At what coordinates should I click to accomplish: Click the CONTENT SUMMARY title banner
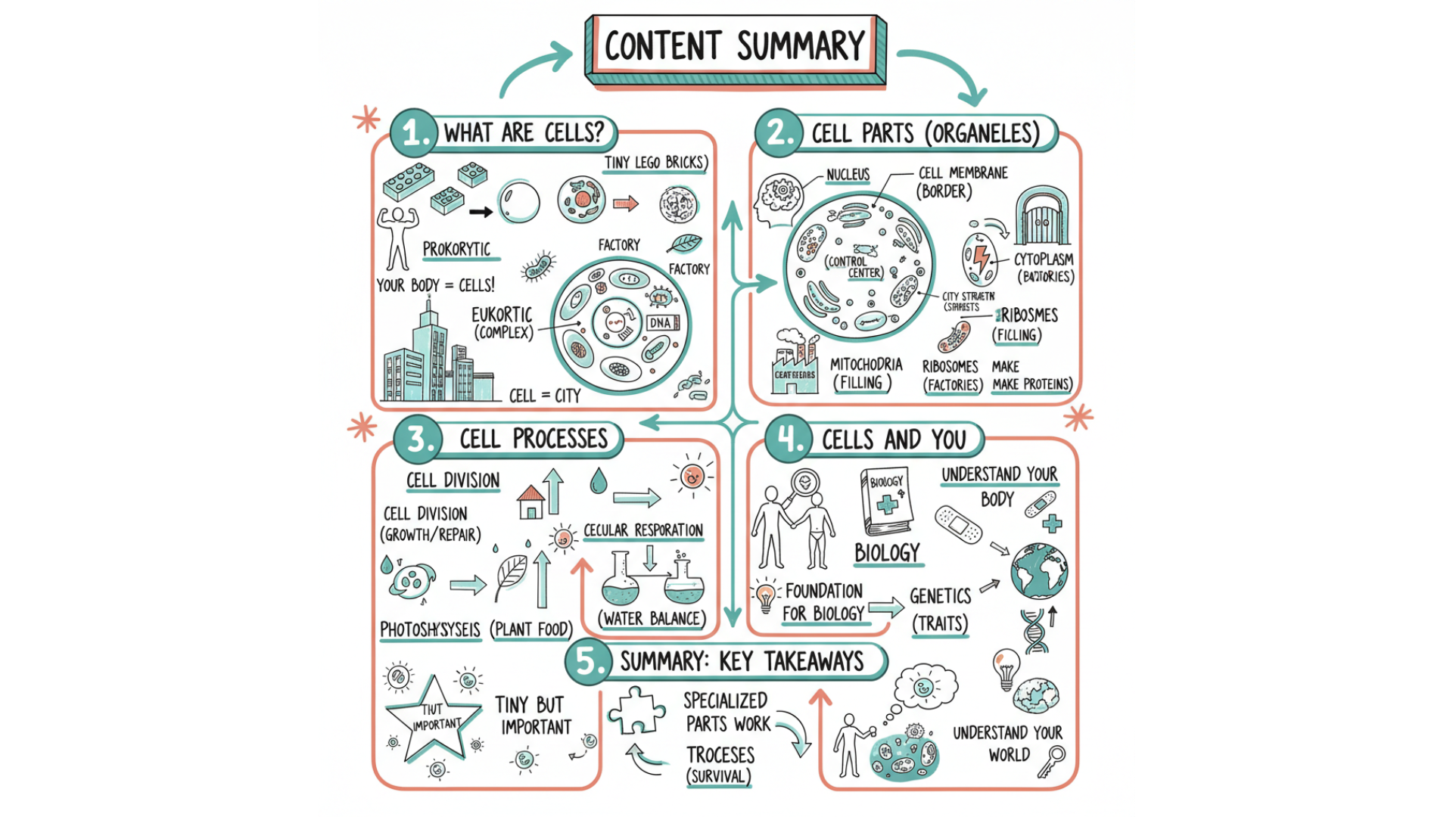pyautogui.click(x=734, y=47)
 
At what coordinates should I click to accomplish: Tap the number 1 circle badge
pyautogui.click(x=414, y=134)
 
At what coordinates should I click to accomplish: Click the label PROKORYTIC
pyautogui.click(x=456, y=249)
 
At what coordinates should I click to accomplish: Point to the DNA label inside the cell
pyautogui.click(x=660, y=323)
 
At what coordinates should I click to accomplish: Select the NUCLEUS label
pyautogui.click(x=848, y=175)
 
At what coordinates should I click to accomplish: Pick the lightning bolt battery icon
pyautogui.click(x=980, y=259)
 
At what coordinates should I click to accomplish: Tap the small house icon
pyautogui.click(x=531, y=502)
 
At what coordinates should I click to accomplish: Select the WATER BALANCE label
pyautogui.click(x=652, y=619)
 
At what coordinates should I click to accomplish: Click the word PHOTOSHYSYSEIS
pyautogui.click(x=430, y=629)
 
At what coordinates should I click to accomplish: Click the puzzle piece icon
pyautogui.click(x=636, y=711)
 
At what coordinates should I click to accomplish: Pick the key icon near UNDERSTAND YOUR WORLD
pyautogui.click(x=1051, y=760)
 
